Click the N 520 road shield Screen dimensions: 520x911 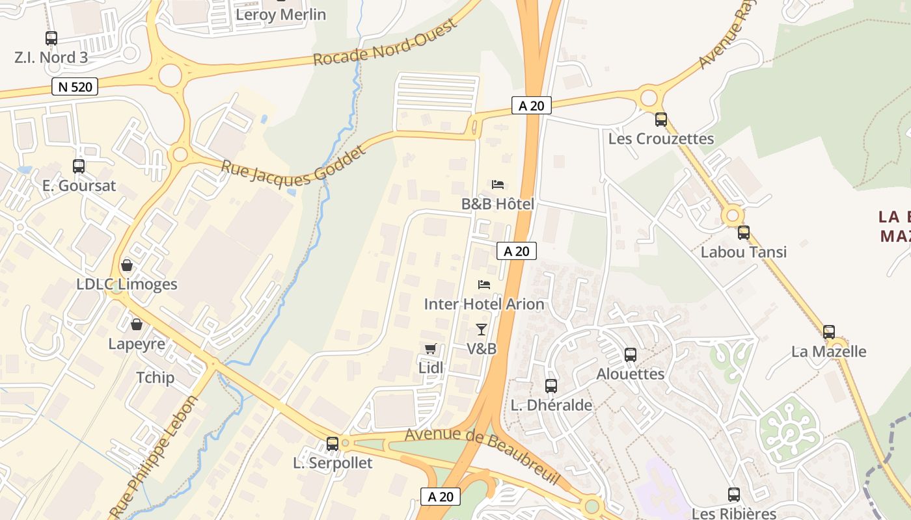click(x=74, y=86)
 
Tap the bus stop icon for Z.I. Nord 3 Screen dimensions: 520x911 click(x=51, y=38)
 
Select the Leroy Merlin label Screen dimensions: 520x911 click(x=281, y=14)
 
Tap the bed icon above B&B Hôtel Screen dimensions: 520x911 click(x=498, y=185)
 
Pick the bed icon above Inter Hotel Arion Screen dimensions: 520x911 click(x=484, y=285)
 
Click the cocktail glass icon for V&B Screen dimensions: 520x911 click(x=482, y=330)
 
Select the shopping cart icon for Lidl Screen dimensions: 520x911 click(x=430, y=349)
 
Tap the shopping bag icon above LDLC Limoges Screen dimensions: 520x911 click(x=127, y=265)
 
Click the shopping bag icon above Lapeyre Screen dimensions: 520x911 click(x=137, y=324)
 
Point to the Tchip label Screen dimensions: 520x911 click(x=155, y=378)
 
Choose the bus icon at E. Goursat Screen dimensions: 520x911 click(x=79, y=166)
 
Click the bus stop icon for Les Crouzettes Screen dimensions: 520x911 click(x=661, y=120)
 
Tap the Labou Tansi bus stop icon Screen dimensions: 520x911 click(x=744, y=233)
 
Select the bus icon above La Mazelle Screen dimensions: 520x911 click(x=829, y=332)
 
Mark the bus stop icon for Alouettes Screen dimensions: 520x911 click(x=631, y=355)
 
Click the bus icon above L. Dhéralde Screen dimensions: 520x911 click(x=551, y=386)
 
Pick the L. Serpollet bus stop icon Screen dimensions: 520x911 click(x=333, y=444)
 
